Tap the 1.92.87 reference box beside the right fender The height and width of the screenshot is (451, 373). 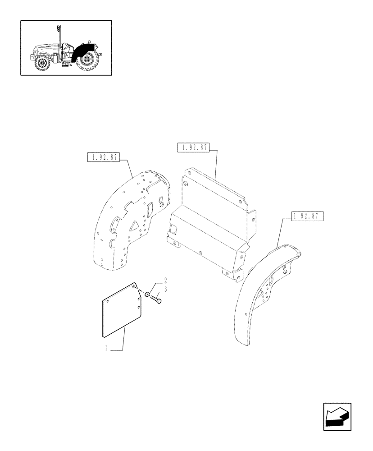point(307,216)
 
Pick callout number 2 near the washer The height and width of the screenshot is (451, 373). point(153,281)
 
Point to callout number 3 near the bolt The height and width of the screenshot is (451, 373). point(153,288)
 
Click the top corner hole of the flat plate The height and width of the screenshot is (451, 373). point(135,286)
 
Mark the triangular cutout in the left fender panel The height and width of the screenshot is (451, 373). point(135,225)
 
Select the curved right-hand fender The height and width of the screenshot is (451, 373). point(261,293)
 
